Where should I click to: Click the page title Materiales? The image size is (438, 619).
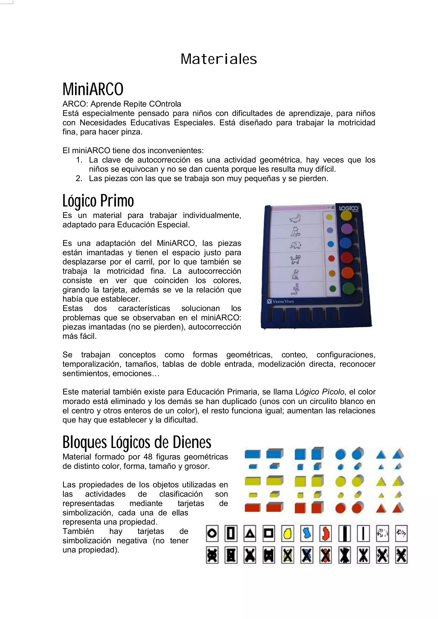(x=219, y=59)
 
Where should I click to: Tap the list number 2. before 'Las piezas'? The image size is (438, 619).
(x=79, y=178)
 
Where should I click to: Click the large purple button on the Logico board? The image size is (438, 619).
(x=346, y=229)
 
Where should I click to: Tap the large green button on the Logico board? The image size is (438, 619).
(x=349, y=288)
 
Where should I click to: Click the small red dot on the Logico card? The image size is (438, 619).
(x=331, y=259)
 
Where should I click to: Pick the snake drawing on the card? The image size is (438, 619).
(x=295, y=289)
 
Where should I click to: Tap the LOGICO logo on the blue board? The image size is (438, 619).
(x=348, y=208)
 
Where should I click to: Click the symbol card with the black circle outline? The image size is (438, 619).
(x=212, y=533)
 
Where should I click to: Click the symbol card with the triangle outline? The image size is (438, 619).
(x=250, y=533)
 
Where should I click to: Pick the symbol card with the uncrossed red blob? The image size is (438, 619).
(x=326, y=533)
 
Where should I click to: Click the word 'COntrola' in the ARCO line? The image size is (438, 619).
(x=166, y=104)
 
